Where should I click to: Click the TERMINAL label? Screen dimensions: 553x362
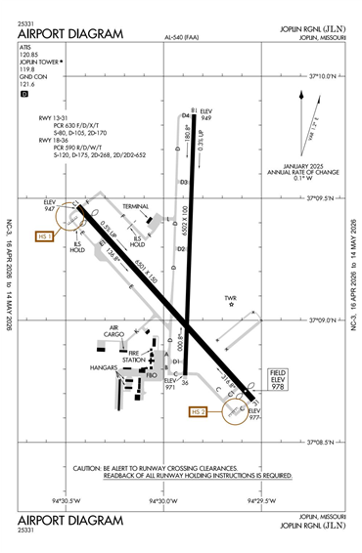click(135, 207)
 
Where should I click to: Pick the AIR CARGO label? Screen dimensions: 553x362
click(119, 332)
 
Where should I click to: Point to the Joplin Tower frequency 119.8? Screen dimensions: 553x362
click(26, 70)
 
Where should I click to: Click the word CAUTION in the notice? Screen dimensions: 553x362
click(93, 468)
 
